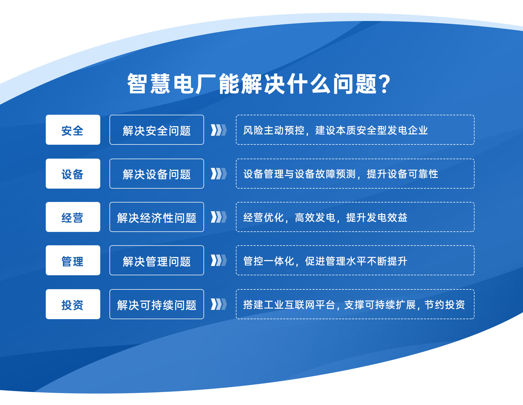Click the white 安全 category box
tap(73, 130)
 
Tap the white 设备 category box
tap(73, 174)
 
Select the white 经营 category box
tap(73, 217)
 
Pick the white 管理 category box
tap(73, 260)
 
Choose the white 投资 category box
tap(73, 304)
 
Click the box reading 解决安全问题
tap(157, 130)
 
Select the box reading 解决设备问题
tap(157, 174)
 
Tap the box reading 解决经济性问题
tap(157, 217)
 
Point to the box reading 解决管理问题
tap(157, 260)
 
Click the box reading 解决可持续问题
tap(157, 304)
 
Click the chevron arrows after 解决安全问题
tap(219, 130)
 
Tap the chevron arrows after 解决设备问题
tap(219, 174)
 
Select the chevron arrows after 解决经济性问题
tap(219, 217)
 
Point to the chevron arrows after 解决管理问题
tap(219, 260)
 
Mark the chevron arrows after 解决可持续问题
tap(219, 304)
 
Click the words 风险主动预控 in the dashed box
tap(274, 130)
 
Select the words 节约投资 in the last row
tap(445, 305)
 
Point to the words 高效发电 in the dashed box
tap(315, 217)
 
